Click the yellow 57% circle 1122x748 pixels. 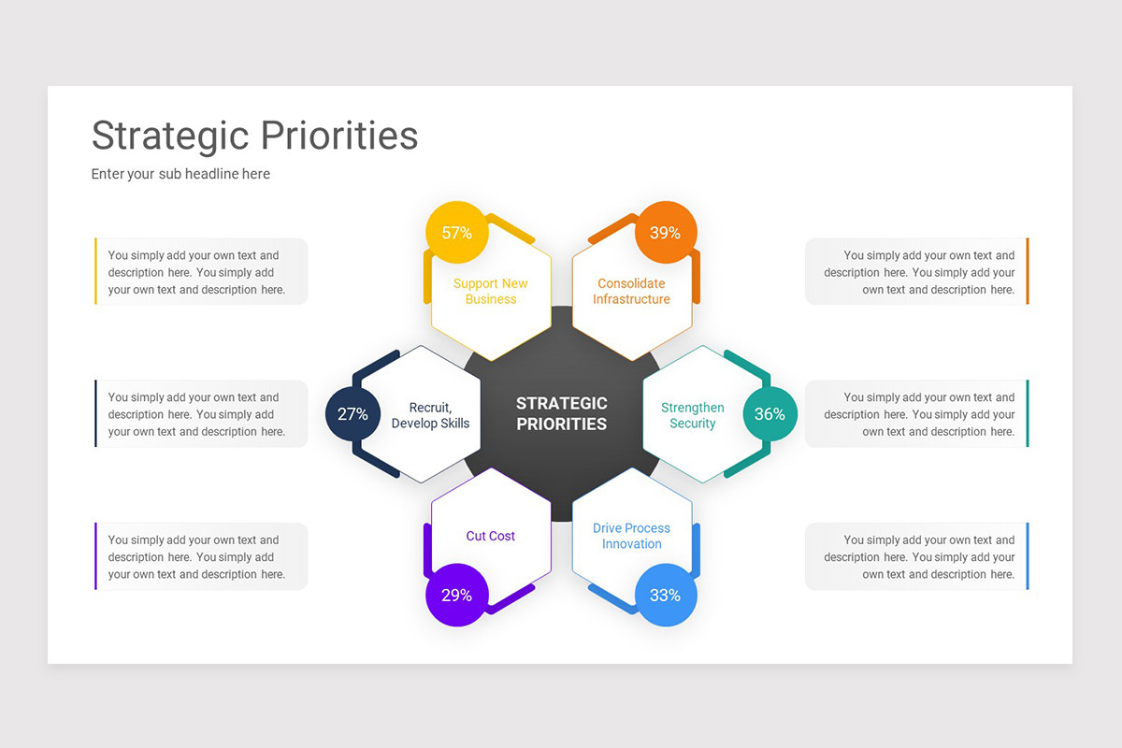point(456,233)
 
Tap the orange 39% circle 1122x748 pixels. point(665,233)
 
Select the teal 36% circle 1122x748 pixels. point(770,413)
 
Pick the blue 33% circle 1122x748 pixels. point(665,595)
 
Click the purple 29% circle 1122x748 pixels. point(456,595)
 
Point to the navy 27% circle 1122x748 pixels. point(352,413)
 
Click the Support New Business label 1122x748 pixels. point(491,292)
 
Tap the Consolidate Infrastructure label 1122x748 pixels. point(631,292)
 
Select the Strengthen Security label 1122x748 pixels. point(693,415)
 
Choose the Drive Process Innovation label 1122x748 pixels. point(632,536)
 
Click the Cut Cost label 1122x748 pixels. point(491,536)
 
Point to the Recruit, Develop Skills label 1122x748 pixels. point(430,415)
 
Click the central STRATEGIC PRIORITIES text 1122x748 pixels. point(562,413)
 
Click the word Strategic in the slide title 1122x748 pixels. point(169,136)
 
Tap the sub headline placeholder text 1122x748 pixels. point(180,174)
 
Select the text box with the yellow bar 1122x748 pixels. point(201,272)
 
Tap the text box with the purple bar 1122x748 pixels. point(201,556)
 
